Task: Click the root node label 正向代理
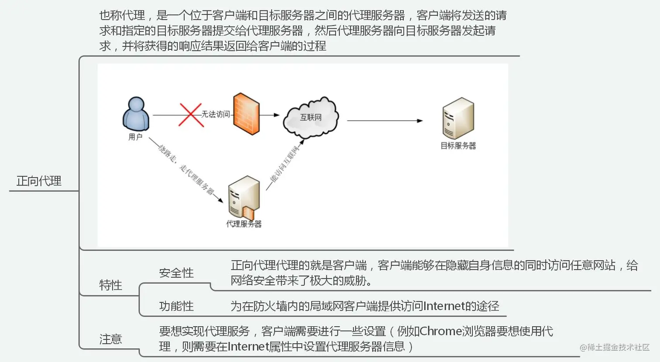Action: [x=39, y=181]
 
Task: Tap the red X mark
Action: [x=191, y=115]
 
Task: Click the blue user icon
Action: [x=136, y=114]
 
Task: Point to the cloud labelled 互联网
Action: [x=311, y=117]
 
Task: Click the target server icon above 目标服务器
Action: [x=458, y=118]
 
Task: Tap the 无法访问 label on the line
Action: [x=216, y=114]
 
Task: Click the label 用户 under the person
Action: [x=135, y=137]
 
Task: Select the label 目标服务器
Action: [x=458, y=146]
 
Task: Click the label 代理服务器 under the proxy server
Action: [x=244, y=224]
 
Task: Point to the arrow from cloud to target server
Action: [x=385, y=121]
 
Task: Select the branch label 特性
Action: [x=110, y=285]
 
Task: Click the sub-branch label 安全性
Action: [x=176, y=273]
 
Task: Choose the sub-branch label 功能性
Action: [x=176, y=306]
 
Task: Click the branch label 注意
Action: [x=110, y=339]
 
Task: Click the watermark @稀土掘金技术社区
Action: [x=615, y=347]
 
